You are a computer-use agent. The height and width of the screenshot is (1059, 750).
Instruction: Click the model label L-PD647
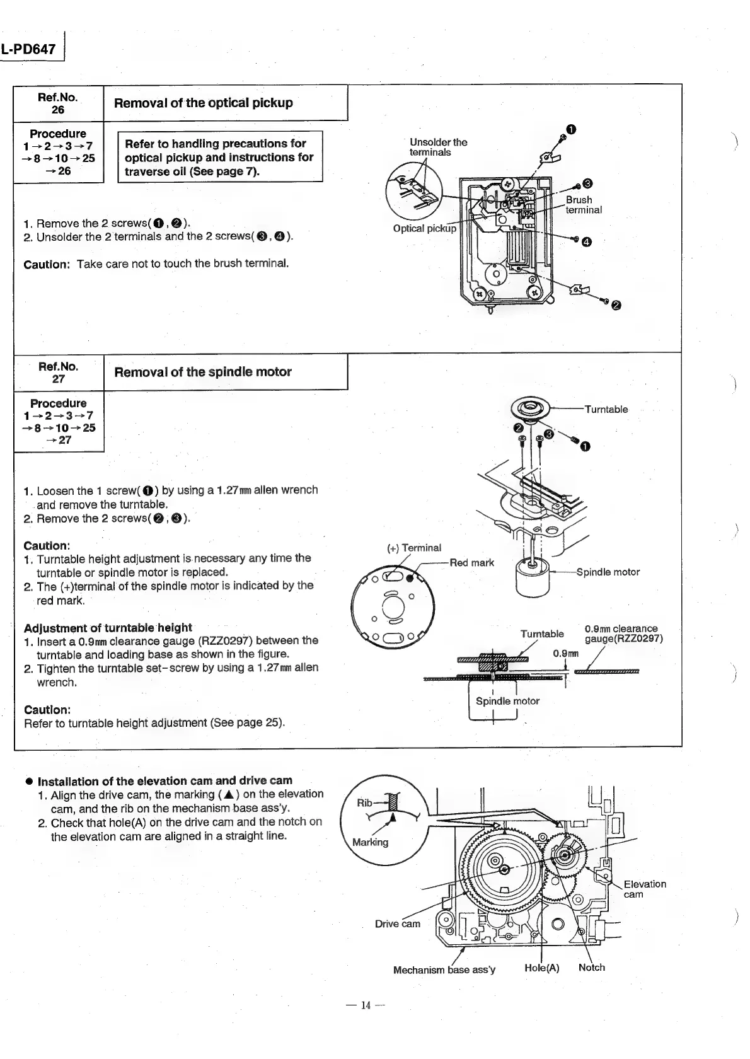(29, 49)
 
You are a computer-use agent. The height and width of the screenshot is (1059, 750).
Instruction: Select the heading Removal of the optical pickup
(203, 103)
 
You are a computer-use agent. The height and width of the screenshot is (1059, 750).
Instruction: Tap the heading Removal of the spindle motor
(202, 372)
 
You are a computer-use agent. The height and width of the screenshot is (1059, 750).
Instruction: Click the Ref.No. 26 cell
(58, 103)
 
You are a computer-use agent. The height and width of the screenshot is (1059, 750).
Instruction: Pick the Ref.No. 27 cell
(58, 373)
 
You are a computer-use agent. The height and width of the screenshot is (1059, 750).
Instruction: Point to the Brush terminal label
(583, 205)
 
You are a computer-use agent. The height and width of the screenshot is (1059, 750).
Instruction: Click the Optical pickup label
(424, 228)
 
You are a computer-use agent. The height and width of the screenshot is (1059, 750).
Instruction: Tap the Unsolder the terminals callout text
(438, 147)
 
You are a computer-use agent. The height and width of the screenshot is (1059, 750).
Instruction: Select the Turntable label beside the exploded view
(606, 409)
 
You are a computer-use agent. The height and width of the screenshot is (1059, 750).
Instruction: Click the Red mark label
(471, 562)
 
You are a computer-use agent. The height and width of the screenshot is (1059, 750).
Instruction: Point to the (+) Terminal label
(414, 548)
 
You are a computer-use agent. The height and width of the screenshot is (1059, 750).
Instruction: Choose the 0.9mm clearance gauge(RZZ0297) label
(623, 634)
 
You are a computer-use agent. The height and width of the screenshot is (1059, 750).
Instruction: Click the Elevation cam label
(644, 889)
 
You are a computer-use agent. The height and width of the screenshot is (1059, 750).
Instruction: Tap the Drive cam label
(397, 923)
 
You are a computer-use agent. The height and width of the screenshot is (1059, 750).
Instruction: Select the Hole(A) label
(541, 968)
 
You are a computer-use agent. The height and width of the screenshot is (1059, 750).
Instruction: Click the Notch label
(591, 968)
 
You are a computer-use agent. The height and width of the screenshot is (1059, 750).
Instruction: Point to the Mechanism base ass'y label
(444, 969)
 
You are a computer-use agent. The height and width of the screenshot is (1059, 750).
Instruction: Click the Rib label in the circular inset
(365, 802)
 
